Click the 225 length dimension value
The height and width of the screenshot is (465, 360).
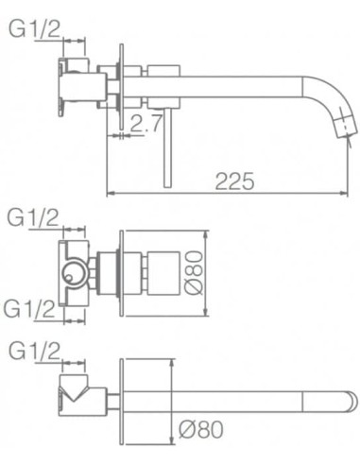coord(233,181)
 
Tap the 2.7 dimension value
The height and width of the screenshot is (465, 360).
coord(145,122)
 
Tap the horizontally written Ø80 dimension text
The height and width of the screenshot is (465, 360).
coord(199,427)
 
